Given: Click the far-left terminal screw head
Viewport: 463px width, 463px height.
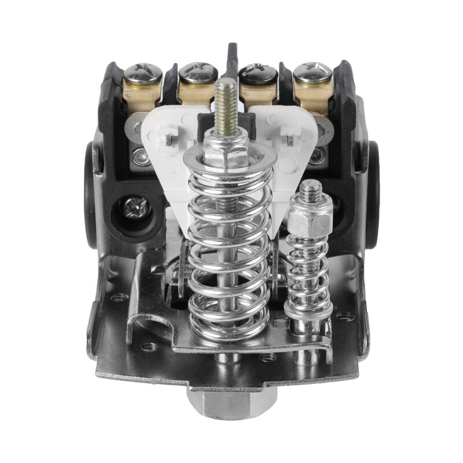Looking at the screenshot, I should pyautogui.click(x=142, y=72).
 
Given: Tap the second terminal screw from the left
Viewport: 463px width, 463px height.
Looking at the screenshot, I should pyautogui.click(x=198, y=72).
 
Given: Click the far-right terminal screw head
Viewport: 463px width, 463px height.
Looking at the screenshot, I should pyautogui.click(x=313, y=72).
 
